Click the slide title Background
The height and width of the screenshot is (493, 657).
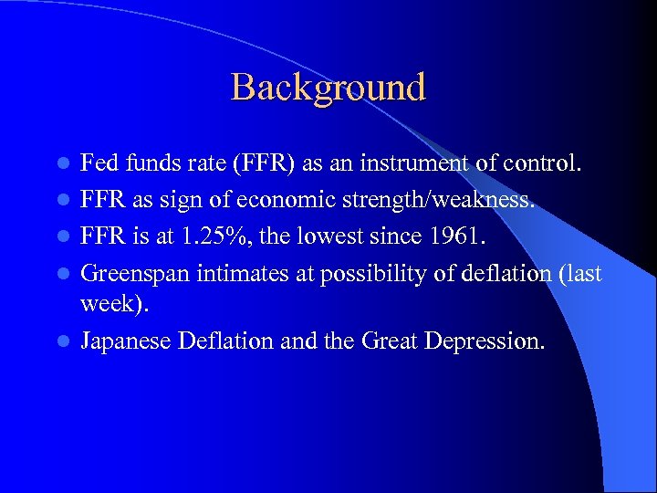point(328,88)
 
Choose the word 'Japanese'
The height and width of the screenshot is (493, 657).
point(127,341)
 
